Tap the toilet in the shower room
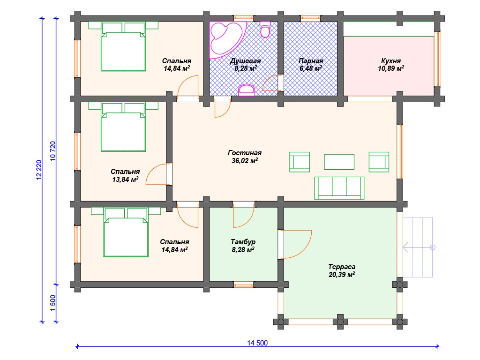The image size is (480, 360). pyautogui.click(x=265, y=29)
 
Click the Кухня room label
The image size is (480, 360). pyautogui.click(x=391, y=60)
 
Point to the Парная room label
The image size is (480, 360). pyautogui.click(x=311, y=60)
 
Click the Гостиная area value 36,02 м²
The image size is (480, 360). pyautogui.click(x=245, y=160)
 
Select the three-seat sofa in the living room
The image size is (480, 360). pyautogui.click(x=339, y=188)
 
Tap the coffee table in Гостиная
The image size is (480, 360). pyautogui.click(x=339, y=162)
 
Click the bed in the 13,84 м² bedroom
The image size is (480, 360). pyautogui.click(x=123, y=127)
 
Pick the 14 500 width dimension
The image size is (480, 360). pyautogui.click(x=257, y=343)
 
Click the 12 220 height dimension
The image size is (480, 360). pyautogui.click(x=38, y=170)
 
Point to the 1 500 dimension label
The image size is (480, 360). pyautogui.click(x=52, y=303)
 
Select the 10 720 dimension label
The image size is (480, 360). pyautogui.click(x=52, y=151)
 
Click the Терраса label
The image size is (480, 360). pyautogui.click(x=342, y=267)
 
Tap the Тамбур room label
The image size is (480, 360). pyautogui.click(x=243, y=242)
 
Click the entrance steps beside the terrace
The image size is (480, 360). pyautogui.click(x=418, y=247)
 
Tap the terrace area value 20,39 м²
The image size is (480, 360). pyautogui.click(x=342, y=275)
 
